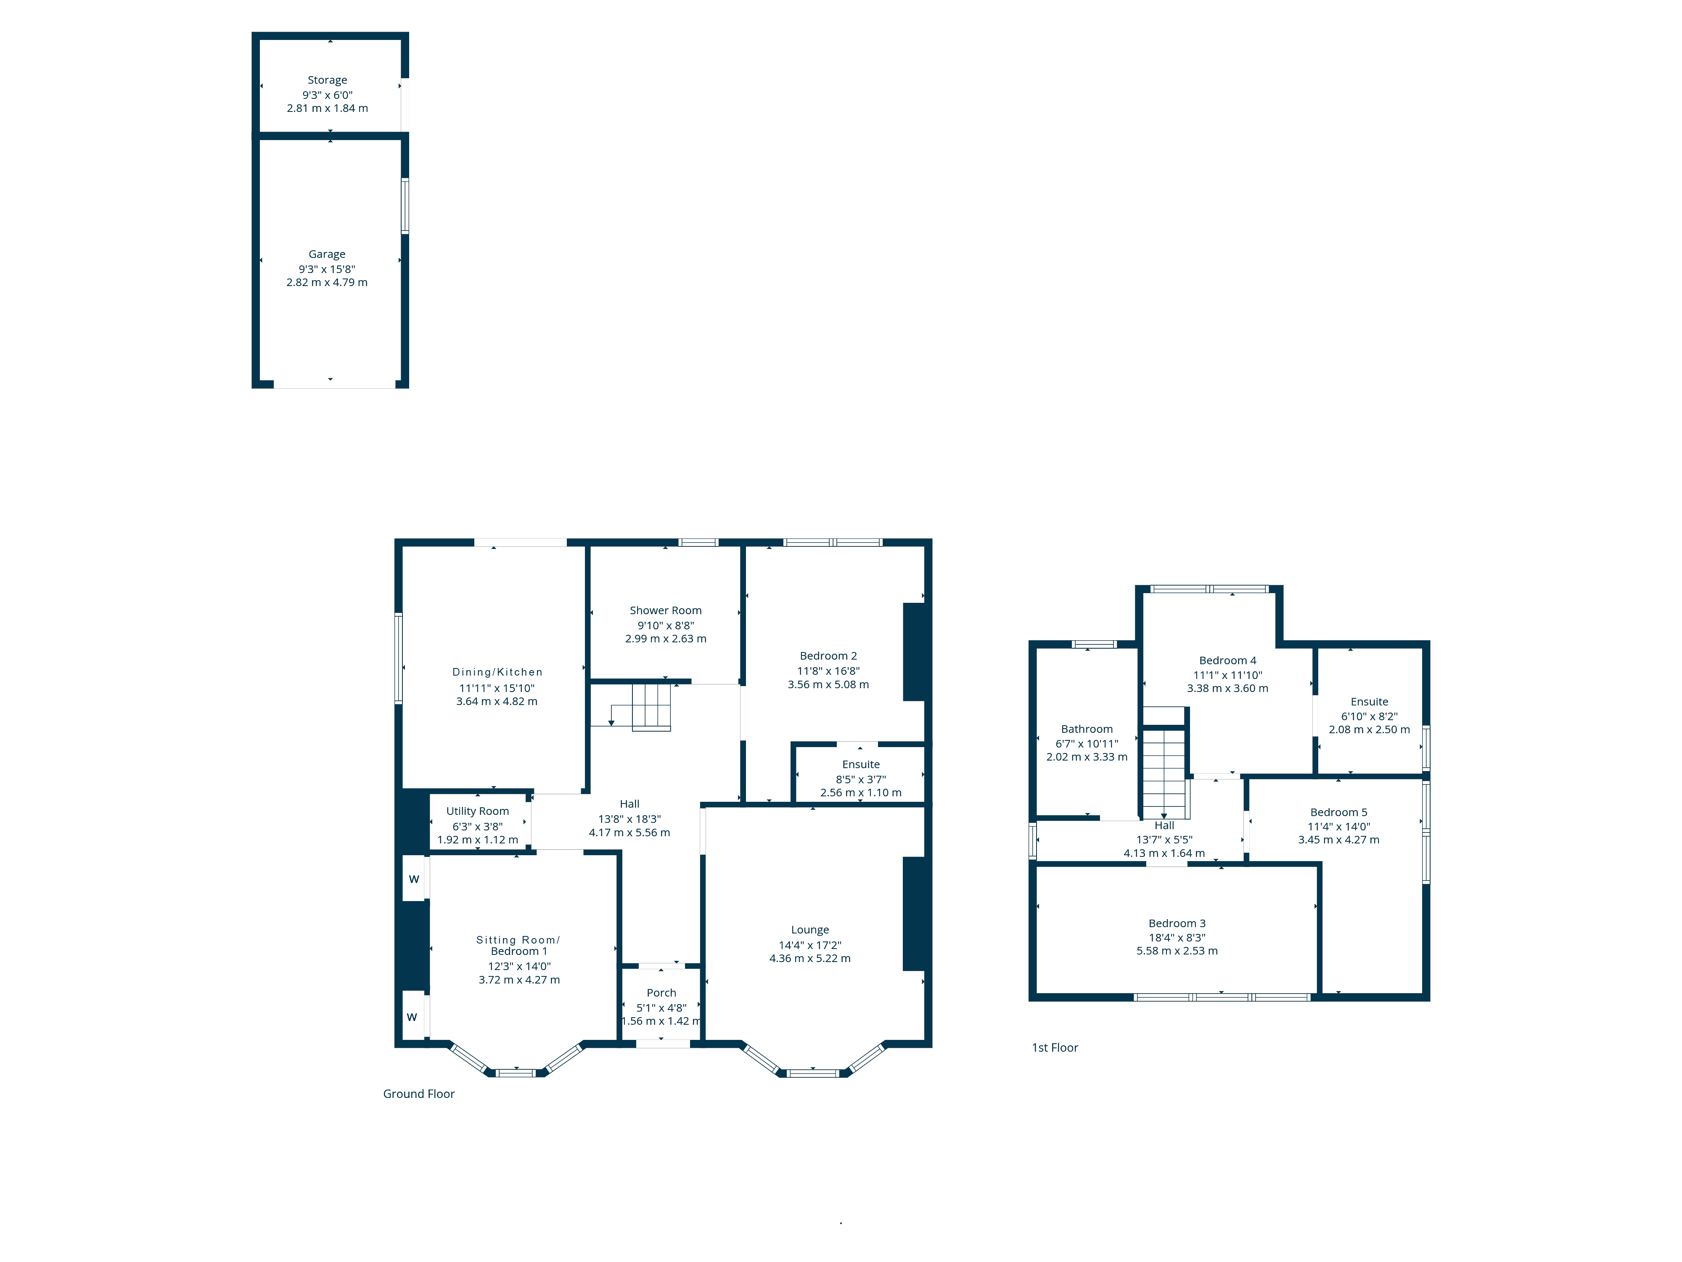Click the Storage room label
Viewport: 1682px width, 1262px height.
coord(327,80)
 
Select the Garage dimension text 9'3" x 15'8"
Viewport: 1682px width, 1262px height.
coord(327,268)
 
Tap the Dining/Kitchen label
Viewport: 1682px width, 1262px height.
coord(497,672)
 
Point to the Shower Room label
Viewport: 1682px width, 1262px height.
coord(665,610)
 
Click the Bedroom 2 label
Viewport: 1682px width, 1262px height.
coord(828,656)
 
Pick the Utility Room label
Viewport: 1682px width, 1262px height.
coord(478,811)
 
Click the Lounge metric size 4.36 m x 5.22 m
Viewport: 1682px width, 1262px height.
coord(810,958)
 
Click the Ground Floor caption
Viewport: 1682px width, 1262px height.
coord(419,1094)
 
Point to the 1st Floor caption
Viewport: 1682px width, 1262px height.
coord(1055,1047)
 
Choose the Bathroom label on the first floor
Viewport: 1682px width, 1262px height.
coord(1087,729)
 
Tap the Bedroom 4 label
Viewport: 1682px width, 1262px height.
coord(1227,660)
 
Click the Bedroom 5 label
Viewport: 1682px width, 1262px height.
coord(1338,812)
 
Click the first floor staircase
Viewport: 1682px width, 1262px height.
coord(1164,772)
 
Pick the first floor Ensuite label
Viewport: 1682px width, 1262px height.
coord(1370,701)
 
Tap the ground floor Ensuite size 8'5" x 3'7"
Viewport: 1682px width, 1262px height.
coord(861,779)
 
